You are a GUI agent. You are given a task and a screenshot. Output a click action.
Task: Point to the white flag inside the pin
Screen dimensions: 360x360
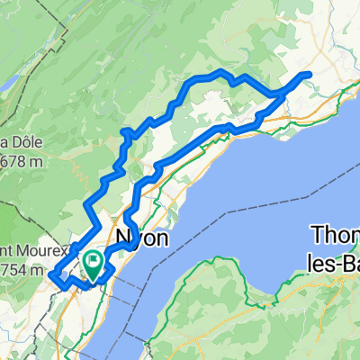93,260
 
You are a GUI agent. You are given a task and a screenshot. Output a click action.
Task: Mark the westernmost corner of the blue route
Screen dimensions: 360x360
51,274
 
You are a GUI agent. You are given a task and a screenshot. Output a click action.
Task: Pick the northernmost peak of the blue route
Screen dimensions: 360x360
219,71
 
